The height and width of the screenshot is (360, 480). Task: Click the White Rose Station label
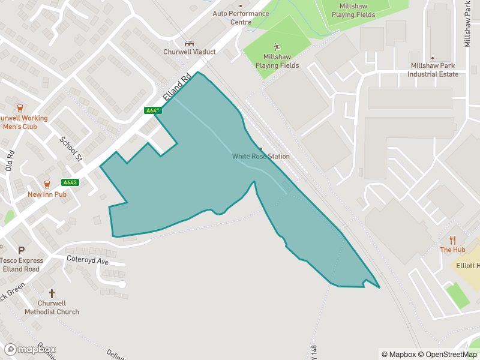tap(261, 157)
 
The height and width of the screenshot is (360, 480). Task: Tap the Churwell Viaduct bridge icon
tap(190, 43)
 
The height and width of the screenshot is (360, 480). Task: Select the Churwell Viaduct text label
tap(190, 52)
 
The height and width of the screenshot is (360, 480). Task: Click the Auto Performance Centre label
tap(241, 18)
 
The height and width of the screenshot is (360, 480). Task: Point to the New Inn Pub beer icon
tap(47, 184)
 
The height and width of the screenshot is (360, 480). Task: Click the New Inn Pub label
tap(47, 194)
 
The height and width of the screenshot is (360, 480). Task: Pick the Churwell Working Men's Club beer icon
tap(20, 108)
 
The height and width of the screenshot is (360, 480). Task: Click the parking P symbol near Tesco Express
tap(22, 251)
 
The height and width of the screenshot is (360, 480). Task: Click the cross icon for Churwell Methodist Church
tap(52, 293)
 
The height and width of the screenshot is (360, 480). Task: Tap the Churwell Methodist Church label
tap(52, 308)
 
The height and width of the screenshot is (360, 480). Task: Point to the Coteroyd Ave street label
tap(88, 262)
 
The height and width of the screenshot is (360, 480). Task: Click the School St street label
tap(70, 149)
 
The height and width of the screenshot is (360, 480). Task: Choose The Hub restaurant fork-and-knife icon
tap(452, 240)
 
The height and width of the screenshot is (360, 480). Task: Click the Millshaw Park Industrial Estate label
tap(433, 70)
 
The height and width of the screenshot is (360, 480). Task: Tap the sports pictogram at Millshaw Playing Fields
tap(277, 47)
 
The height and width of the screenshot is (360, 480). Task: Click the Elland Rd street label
tap(178, 88)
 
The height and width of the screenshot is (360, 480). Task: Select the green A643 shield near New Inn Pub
tap(70, 182)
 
